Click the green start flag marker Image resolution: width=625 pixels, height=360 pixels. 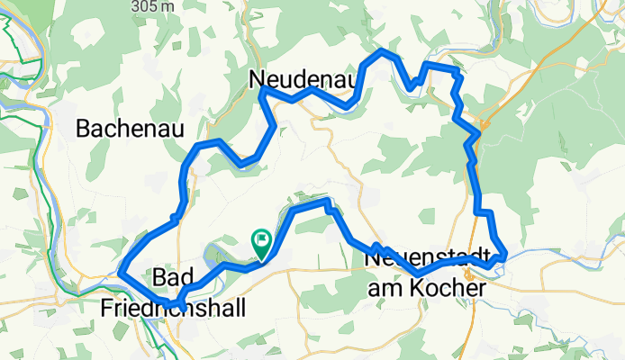pyautogui.click(x=261, y=240)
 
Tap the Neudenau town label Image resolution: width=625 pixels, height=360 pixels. pyautogui.click(x=303, y=79)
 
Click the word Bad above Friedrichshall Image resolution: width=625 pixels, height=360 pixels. pyautogui.click(x=172, y=275)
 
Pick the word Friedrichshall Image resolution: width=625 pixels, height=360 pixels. pyautogui.click(x=173, y=307)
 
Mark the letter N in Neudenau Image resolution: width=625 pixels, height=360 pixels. pyautogui.click(x=257, y=79)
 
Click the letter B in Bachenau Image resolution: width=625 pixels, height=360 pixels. pyautogui.click(x=84, y=129)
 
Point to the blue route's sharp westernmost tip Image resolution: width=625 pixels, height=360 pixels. pyautogui.click(x=120, y=269)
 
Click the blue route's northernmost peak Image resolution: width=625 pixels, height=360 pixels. pyautogui.click(x=385, y=50)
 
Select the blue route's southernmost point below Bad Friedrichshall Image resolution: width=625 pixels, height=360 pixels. pyautogui.click(x=180, y=309)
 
